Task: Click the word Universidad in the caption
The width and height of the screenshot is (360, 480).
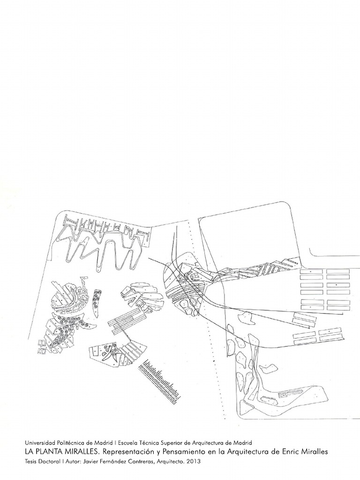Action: coord(39,442)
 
